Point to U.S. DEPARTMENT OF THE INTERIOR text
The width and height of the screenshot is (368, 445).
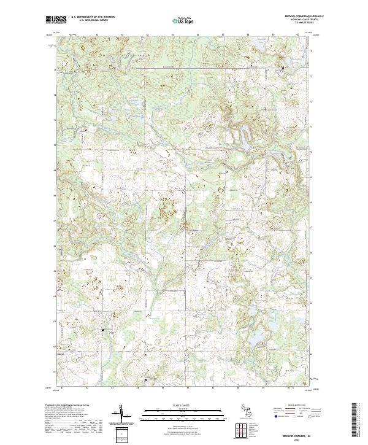point(93,17)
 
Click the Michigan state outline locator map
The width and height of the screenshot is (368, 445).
point(240,413)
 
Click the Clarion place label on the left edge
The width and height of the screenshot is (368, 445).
point(61,354)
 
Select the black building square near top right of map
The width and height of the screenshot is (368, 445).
point(282,68)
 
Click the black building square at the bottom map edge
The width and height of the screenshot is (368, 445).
point(145,380)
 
